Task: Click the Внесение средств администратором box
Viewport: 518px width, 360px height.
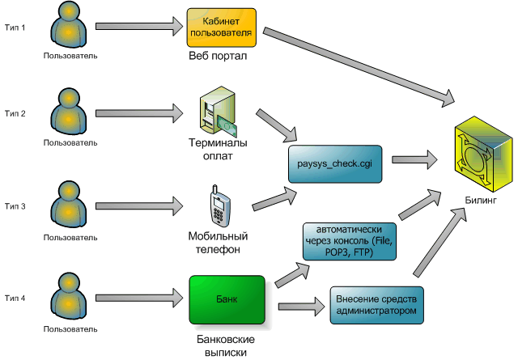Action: (x=378, y=304)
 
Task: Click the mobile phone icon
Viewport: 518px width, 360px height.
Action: (x=217, y=207)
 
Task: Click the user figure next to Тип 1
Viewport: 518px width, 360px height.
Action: (x=70, y=27)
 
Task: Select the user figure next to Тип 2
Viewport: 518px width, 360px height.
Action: (x=70, y=114)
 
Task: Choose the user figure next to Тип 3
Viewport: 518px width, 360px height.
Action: (x=70, y=207)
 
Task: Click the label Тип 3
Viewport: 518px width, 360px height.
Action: (x=15, y=206)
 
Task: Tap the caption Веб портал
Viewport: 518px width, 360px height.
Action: (x=217, y=57)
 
